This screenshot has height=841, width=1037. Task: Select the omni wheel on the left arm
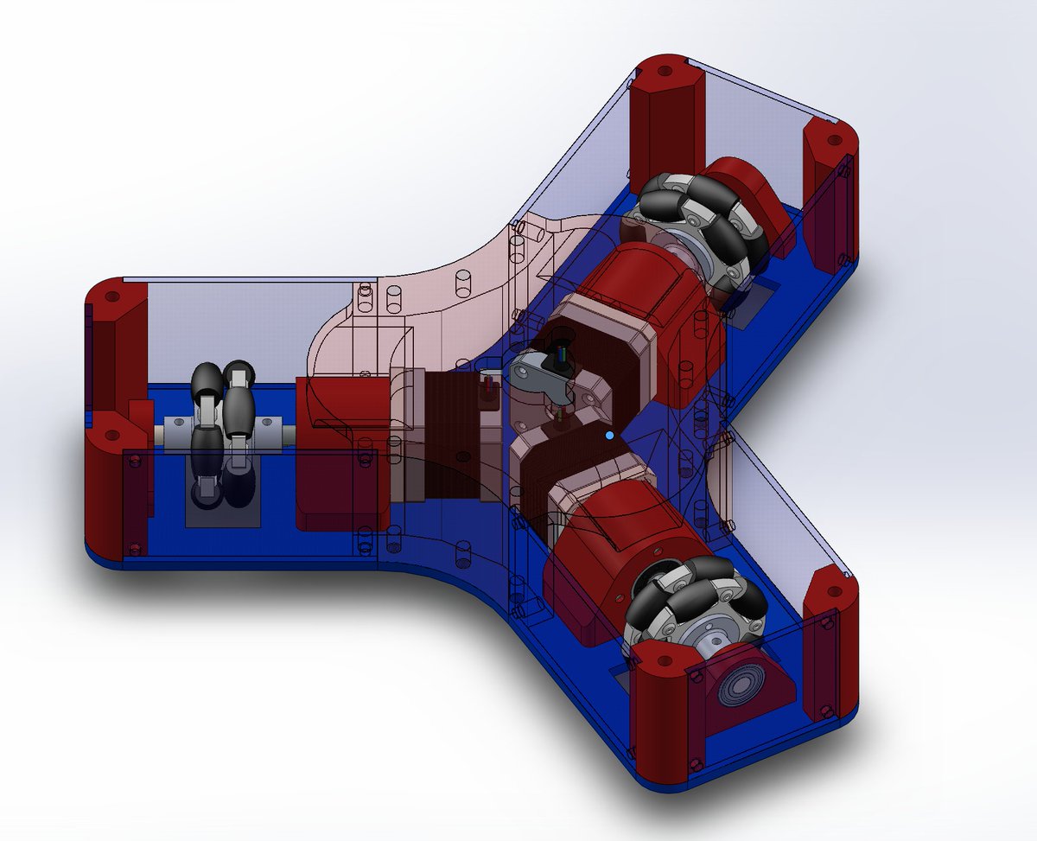tap(221, 432)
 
